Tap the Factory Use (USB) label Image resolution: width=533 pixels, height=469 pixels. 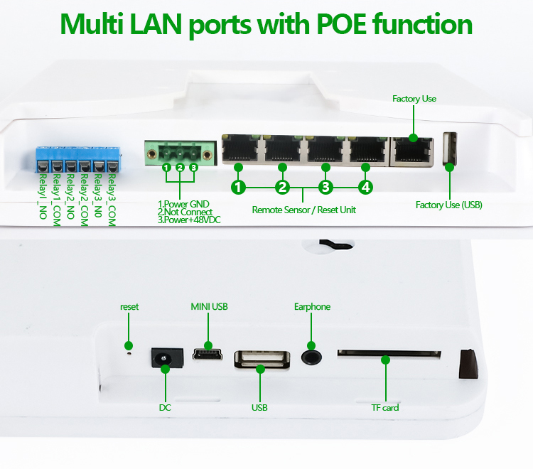[448, 205]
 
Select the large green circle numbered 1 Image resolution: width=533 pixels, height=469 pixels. [239, 188]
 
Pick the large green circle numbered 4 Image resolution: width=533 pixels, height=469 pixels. [365, 188]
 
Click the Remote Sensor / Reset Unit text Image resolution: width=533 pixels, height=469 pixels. [304, 210]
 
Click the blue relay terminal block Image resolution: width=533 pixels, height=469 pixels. [78, 159]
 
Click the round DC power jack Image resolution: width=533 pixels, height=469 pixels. [165, 356]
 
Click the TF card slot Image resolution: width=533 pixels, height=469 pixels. [388, 351]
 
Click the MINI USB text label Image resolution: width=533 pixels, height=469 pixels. [209, 307]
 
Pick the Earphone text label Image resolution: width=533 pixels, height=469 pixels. [312, 307]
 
